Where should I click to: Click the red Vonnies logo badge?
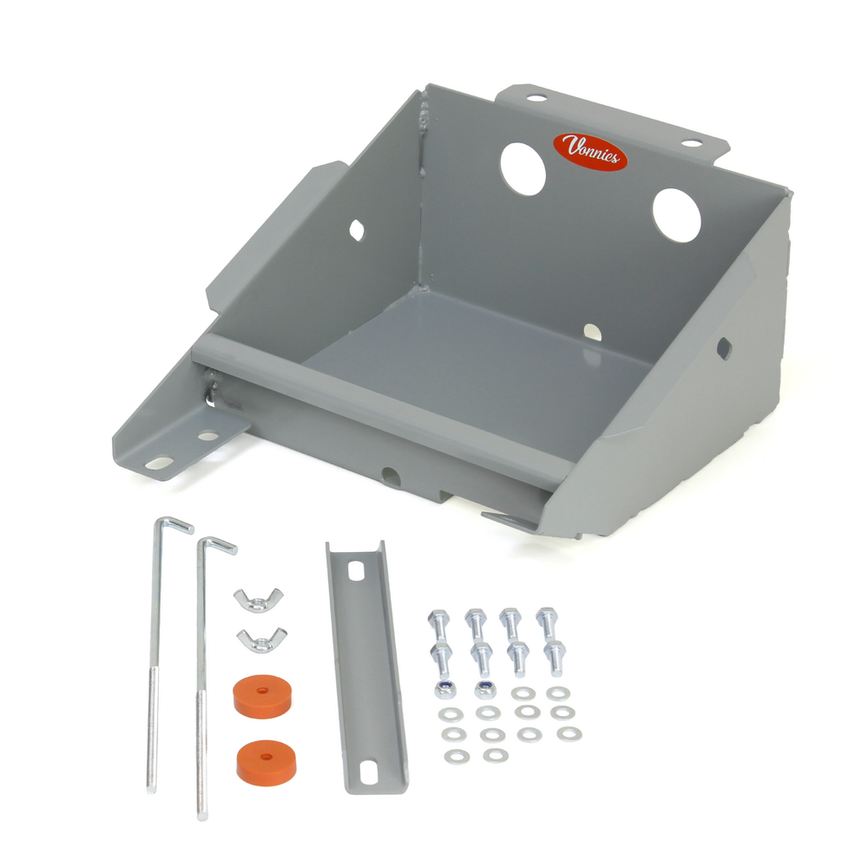click(590, 151)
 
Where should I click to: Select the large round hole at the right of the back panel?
click(677, 214)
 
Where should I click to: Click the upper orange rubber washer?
click(261, 697)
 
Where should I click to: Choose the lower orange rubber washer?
click(266, 758)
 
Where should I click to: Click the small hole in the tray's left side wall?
click(357, 229)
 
